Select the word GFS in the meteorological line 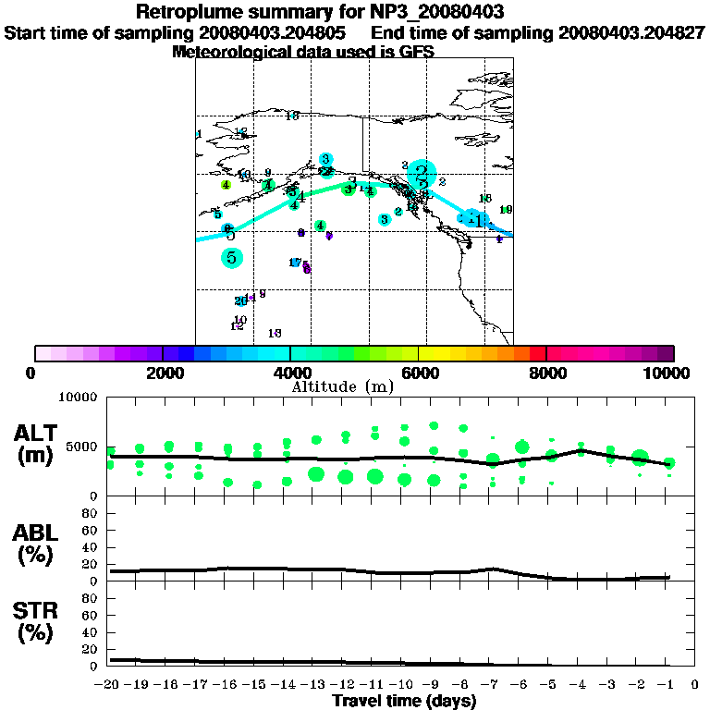[416, 52]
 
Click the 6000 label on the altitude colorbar [419, 373]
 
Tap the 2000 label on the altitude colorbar [163, 373]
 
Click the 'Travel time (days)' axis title [404, 701]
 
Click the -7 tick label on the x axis [491, 685]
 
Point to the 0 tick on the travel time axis [695, 685]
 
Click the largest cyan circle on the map [422, 173]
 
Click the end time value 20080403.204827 [632, 32]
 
